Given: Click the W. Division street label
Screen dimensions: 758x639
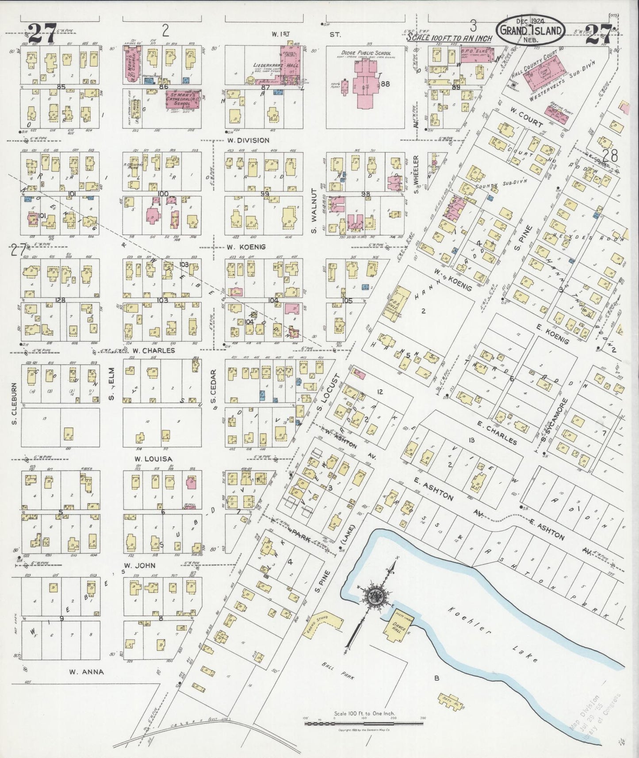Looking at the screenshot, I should tap(248, 140).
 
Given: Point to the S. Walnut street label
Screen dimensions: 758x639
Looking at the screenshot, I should tap(314, 210).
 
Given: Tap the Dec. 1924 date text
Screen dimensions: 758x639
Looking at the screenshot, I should tap(531, 21).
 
